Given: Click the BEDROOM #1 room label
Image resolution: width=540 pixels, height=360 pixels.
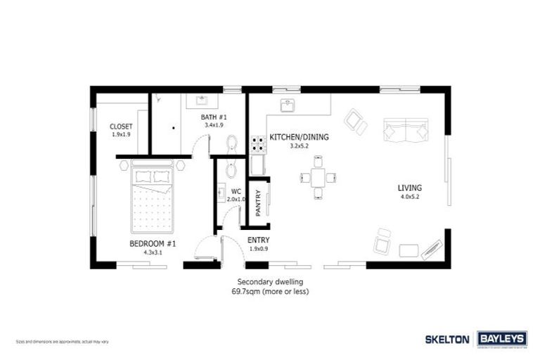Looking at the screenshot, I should pos(152,243).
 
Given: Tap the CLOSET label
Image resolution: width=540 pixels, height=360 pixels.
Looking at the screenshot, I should pos(121,127).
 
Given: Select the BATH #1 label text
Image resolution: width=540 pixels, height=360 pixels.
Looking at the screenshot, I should pos(213,117).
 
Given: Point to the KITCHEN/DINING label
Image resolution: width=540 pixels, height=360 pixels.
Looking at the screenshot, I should pos(299,138).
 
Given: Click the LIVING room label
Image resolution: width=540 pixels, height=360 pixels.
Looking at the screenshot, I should pos(409,188).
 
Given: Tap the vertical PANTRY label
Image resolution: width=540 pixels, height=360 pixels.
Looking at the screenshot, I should pos(257,205).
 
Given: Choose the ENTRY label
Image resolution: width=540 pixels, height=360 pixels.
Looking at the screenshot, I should pos(258,240).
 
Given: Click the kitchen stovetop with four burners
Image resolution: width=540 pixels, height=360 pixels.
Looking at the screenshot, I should pos(258,145).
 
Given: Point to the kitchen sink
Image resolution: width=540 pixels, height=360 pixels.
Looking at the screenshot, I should pos(288,106).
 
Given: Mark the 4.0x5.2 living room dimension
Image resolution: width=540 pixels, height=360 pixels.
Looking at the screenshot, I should pos(409,198).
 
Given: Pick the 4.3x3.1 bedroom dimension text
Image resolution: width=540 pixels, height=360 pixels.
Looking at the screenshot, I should pos(152,252).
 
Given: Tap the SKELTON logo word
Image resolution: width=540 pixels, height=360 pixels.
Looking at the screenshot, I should pos(447,339).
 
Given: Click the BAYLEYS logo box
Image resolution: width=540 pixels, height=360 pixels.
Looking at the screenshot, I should pos(503,339).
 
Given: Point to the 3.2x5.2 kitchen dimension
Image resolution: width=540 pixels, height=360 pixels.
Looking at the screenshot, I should pos(299,146).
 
